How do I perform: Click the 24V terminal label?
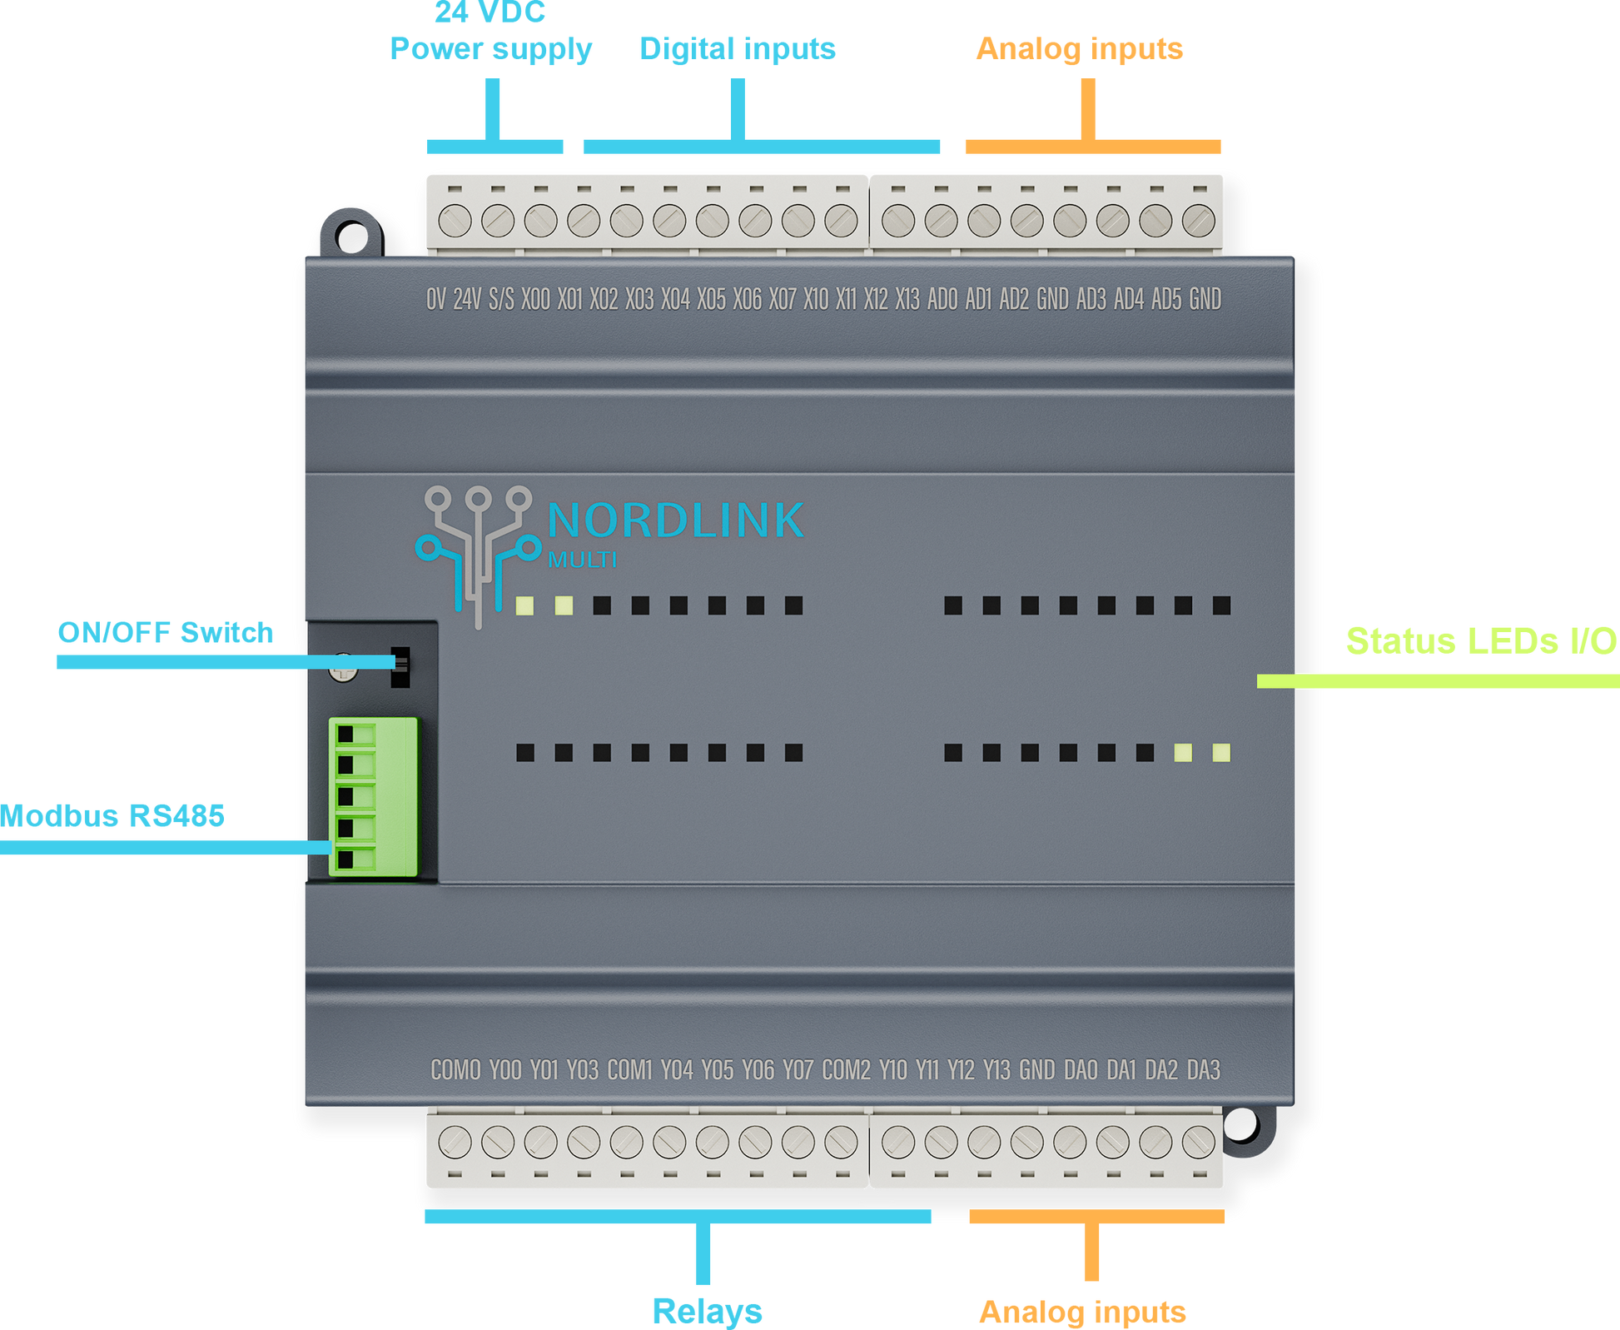[x=467, y=299]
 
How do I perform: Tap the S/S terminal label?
[x=501, y=299]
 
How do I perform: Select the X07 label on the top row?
[x=783, y=299]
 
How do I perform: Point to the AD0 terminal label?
[x=942, y=299]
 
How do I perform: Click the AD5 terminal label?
[x=1166, y=299]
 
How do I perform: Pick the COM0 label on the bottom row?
[x=455, y=1070]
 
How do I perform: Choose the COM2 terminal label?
[x=846, y=1070]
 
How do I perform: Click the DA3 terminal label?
[x=1203, y=1070]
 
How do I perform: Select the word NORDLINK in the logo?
[x=675, y=521]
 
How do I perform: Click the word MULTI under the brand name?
[x=583, y=560]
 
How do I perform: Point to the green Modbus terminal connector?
[x=373, y=796]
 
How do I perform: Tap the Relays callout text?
[x=707, y=1311]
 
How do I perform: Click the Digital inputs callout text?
[x=738, y=48]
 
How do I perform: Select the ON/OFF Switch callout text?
[x=165, y=633]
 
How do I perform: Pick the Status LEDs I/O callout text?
[x=1481, y=640]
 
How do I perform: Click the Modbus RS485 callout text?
[x=113, y=816]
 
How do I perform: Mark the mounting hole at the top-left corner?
[x=350, y=234]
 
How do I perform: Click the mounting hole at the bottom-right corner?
[x=1243, y=1128]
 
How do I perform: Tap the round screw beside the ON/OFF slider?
[x=343, y=667]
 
